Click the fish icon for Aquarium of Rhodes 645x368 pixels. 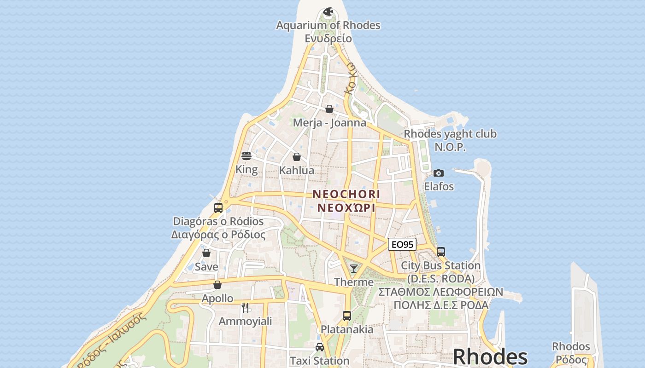328,12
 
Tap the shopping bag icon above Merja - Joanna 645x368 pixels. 329,109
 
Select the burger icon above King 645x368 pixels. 246,156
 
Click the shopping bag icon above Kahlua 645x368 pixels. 297,157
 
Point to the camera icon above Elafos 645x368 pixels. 439,173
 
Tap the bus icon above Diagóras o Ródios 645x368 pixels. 218,207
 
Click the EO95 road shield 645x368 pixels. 402,244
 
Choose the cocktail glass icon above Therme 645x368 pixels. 354,269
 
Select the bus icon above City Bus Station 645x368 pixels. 441,252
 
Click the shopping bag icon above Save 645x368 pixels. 206,253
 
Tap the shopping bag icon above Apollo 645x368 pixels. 217,285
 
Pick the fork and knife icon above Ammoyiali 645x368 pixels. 245,307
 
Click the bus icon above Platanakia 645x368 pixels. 347,316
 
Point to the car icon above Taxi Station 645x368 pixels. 319,347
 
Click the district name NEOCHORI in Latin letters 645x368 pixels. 346,194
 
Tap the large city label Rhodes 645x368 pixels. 490,357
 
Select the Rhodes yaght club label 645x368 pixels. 450,134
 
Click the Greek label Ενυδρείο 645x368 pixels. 328,38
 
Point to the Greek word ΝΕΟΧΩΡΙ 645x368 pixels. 346,208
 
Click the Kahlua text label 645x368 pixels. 297,170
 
